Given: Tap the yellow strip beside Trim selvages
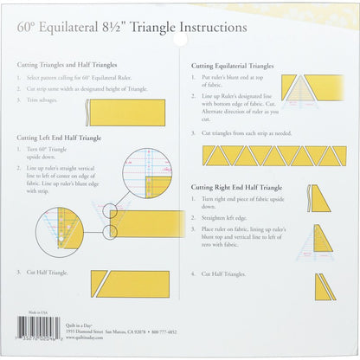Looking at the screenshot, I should (125, 112).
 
